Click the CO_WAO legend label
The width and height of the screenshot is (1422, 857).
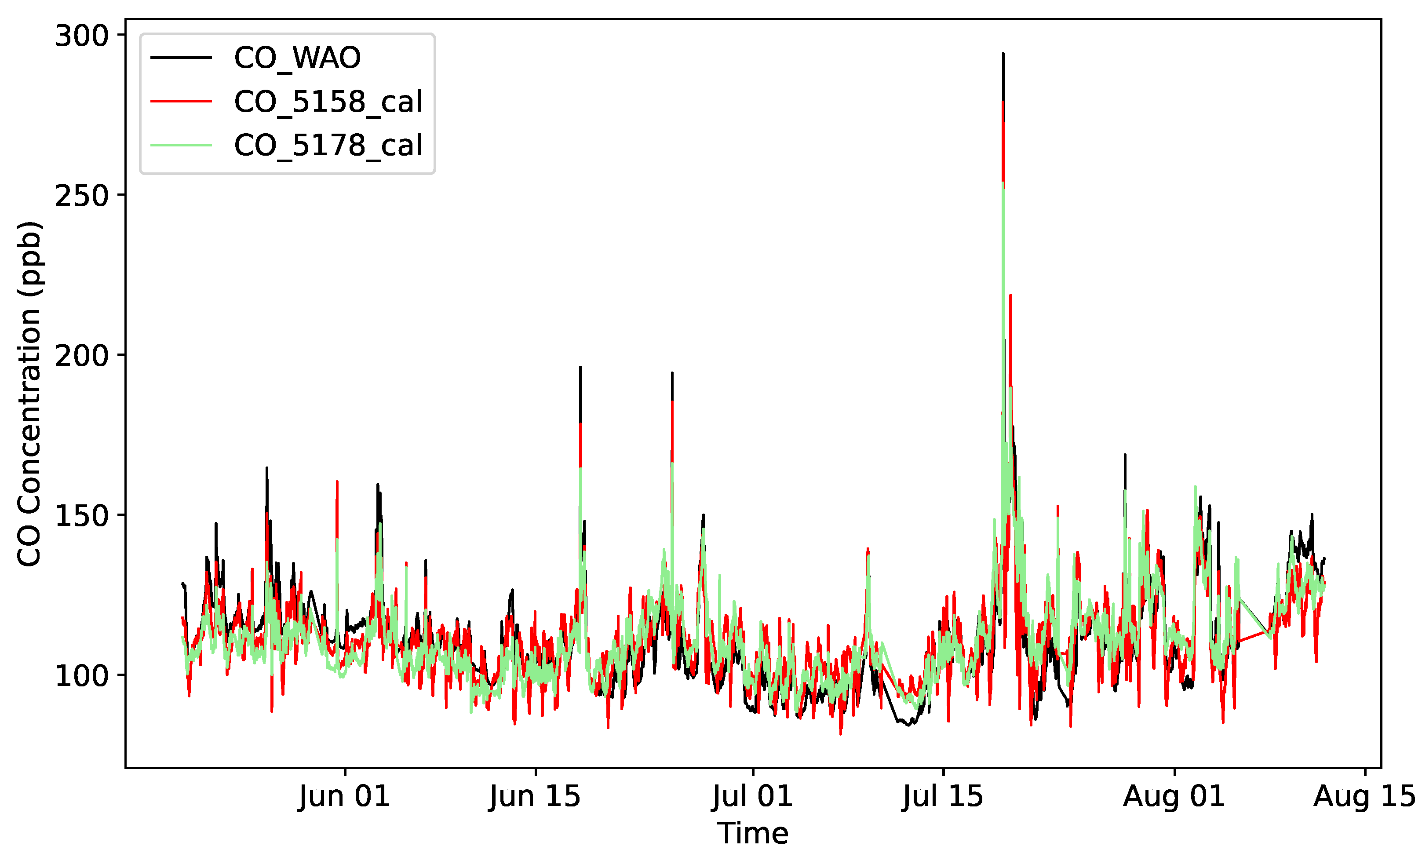(x=297, y=58)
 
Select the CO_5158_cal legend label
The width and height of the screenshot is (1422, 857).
(x=328, y=102)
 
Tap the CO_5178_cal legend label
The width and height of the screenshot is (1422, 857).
(x=328, y=145)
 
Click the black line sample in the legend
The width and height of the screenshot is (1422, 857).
(x=181, y=57)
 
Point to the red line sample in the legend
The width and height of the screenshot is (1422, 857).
(x=181, y=101)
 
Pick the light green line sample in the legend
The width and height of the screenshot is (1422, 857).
(x=181, y=145)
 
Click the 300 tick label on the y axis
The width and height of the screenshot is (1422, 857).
(x=81, y=36)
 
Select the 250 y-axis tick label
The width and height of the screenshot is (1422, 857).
(x=81, y=196)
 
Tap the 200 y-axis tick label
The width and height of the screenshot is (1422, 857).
(x=81, y=355)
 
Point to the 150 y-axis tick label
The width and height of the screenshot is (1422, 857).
(x=81, y=515)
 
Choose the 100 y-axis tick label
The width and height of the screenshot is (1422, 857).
(x=81, y=675)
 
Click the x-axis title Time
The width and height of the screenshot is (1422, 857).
(x=753, y=833)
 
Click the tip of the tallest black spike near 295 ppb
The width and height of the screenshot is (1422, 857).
(x=1003, y=54)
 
